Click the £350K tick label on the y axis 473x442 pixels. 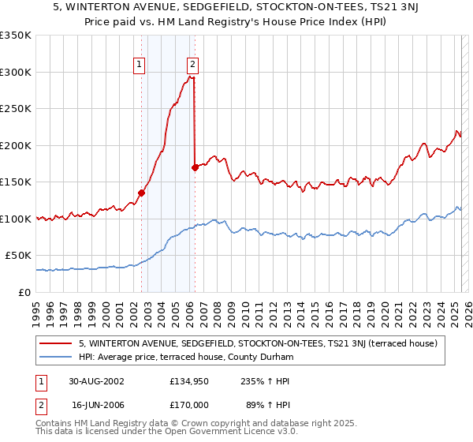(16, 36)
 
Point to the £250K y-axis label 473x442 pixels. (16, 109)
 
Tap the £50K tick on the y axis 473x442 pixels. (19, 256)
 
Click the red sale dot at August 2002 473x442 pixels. (142, 192)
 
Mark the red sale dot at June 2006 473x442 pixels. (195, 167)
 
